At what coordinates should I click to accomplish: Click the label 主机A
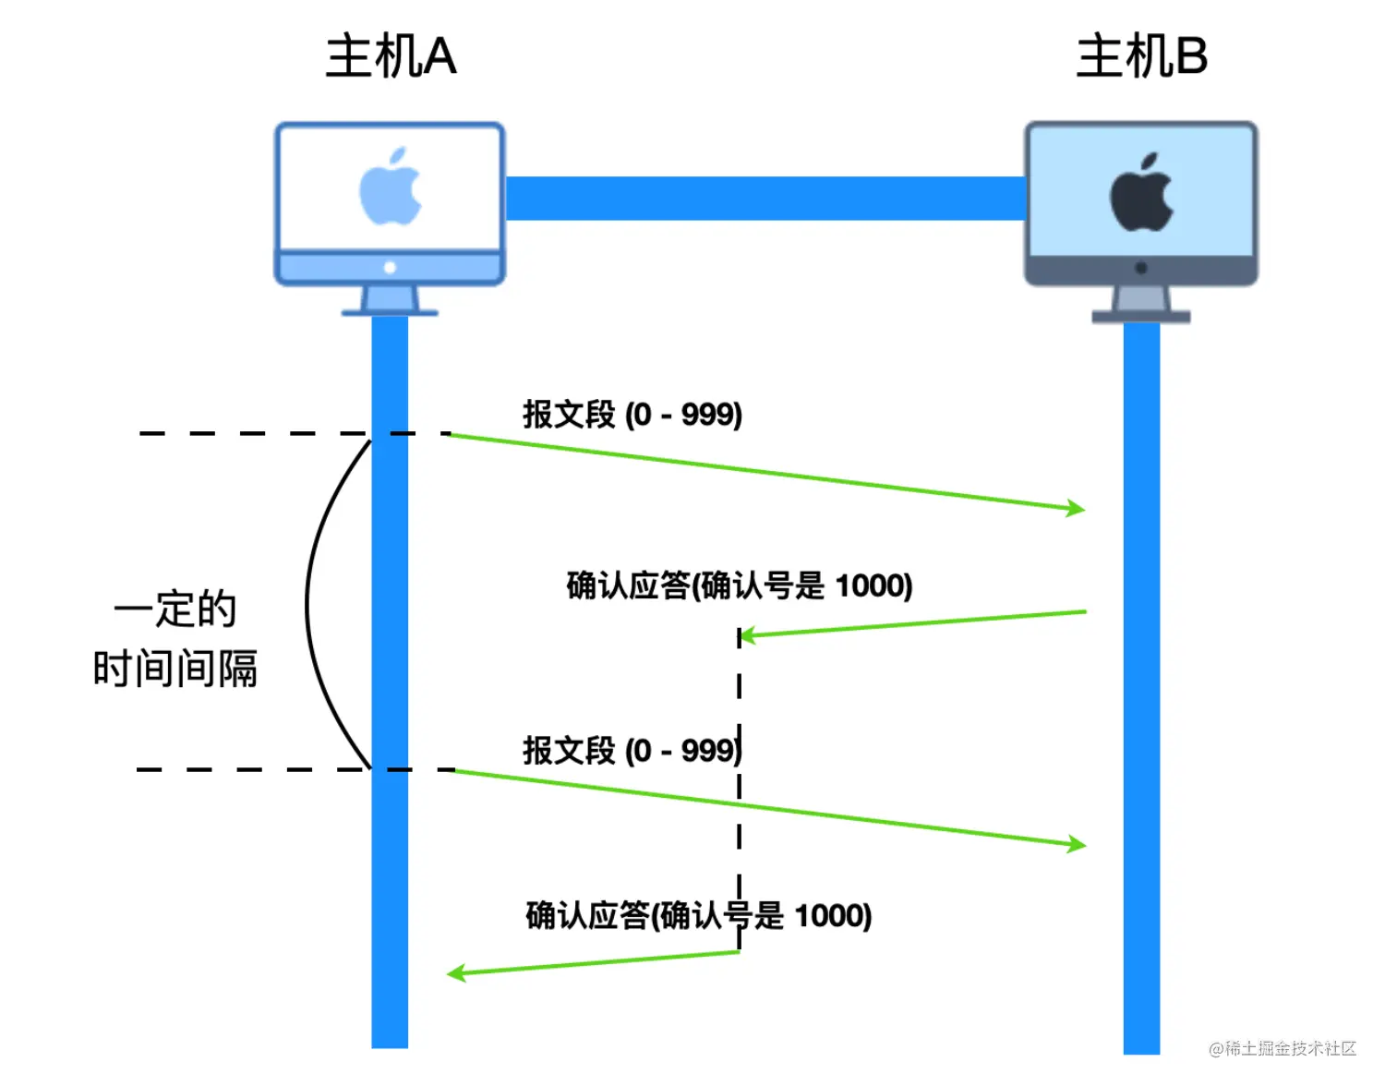point(391,56)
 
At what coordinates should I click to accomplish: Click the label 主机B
point(1141,56)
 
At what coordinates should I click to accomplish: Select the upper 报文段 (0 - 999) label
point(632,415)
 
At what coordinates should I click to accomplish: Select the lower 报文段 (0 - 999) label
point(632,751)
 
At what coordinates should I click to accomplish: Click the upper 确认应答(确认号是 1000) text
point(740,585)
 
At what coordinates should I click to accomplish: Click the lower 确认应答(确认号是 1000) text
point(699,916)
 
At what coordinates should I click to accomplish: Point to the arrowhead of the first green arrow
point(1077,508)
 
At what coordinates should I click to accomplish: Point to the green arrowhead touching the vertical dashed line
point(747,635)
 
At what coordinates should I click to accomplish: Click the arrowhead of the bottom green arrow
point(455,972)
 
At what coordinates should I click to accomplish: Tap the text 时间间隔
point(175,669)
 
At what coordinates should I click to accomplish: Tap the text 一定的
point(175,609)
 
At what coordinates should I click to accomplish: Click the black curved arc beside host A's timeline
point(308,605)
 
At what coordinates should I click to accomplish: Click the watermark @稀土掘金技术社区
point(1283,1048)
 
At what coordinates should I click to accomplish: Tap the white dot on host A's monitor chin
point(390,268)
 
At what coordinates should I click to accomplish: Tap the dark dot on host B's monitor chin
point(1141,269)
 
